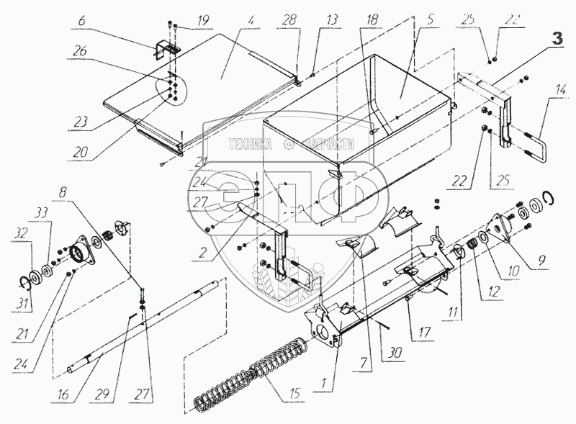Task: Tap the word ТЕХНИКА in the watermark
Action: (249, 144)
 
